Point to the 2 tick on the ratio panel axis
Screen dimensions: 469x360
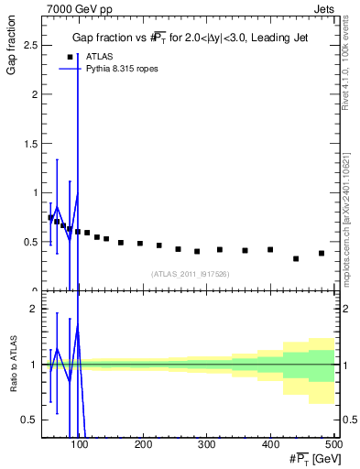(36, 310)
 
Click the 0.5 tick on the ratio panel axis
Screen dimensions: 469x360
(32, 420)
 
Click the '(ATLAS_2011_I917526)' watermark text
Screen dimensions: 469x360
(191, 274)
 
